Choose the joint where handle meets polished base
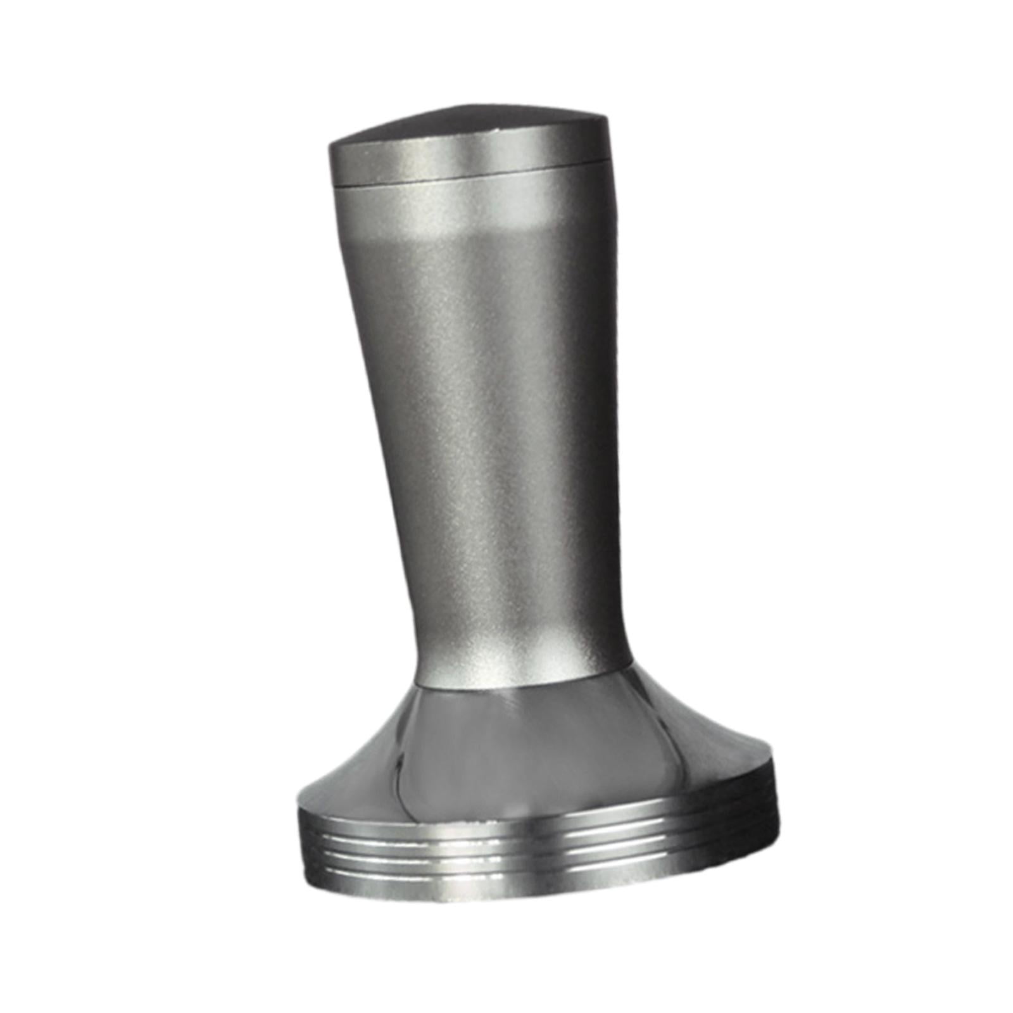point(525,683)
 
